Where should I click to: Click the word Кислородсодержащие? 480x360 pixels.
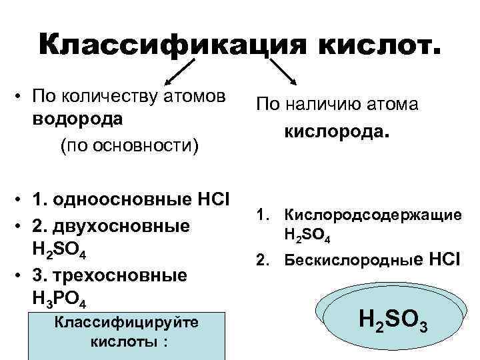coord(373,215)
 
